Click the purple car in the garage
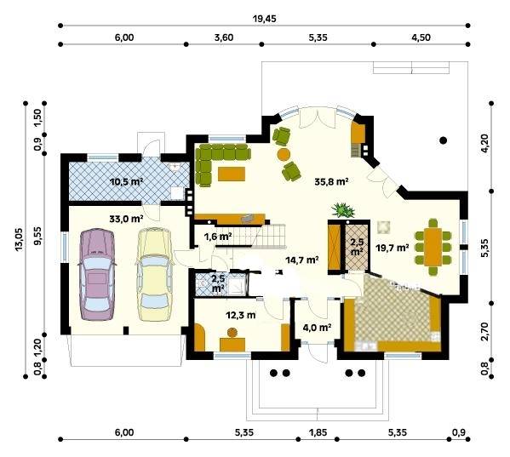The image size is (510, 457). click(96, 275)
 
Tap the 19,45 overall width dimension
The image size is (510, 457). click(265, 19)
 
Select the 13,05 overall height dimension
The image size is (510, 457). click(19, 239)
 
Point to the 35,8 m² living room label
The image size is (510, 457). click(332, 181)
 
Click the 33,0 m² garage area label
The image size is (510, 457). click(127, 219)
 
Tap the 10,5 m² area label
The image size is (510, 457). click(127, 181)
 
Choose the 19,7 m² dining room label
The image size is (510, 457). click(393, 248)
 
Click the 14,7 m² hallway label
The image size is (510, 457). click(302, 260)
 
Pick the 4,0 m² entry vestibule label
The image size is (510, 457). click(317, 327)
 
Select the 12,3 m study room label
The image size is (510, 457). click(241, 315)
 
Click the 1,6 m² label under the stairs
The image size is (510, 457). click(218, 237)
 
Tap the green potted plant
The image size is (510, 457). click(343, 209)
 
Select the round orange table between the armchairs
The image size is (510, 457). click(284, 154)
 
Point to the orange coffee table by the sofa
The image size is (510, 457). click(232, 174)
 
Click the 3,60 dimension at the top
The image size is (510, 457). click(224, 37)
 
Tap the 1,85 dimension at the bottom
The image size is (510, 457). click(318, 432)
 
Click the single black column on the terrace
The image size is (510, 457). click(443, 140)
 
